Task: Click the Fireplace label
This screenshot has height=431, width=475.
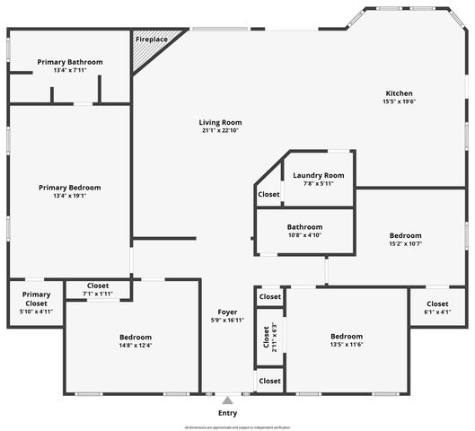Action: tap(151, 40)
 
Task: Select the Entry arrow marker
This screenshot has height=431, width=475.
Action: tap(228, 400)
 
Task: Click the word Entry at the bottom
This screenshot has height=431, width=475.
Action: tap(228, 413)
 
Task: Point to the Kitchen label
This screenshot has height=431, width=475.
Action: tap(399, 93)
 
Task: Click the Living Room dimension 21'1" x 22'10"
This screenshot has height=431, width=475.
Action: tap(221, 131)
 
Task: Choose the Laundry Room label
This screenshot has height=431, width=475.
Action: tap(319, 175)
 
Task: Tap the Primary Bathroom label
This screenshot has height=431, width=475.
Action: tap(70, 62)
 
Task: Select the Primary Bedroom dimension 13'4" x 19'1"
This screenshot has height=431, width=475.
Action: tap(69, 196)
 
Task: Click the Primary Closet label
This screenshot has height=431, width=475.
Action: tap(36, 299)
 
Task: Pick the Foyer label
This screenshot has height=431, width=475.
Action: tap(226, 312)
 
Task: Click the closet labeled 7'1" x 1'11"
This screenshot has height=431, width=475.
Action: tap(98, 294)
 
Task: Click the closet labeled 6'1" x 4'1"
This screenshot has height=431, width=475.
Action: tap(437, 312)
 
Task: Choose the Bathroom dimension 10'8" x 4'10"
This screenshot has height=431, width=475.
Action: tap(304, 235)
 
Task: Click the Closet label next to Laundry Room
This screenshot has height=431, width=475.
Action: tap(269, 194)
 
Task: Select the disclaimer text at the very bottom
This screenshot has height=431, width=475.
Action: tap(237, 427)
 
